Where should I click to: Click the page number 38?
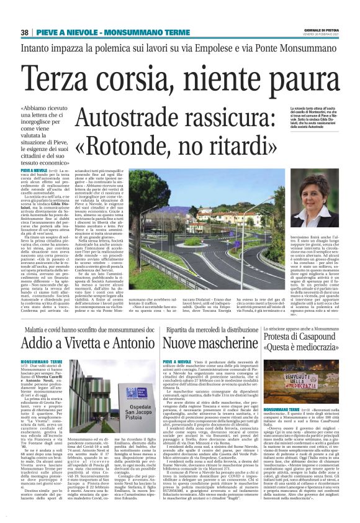click(25, 32)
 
